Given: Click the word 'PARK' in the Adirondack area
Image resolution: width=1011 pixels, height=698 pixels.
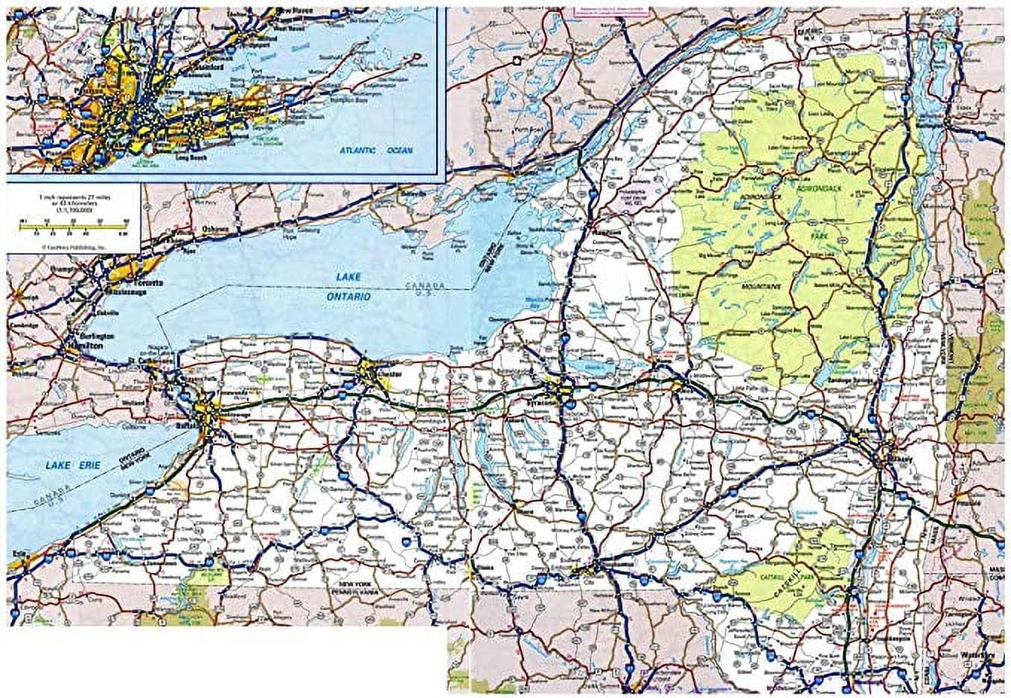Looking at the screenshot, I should click(x=820, y=235).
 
